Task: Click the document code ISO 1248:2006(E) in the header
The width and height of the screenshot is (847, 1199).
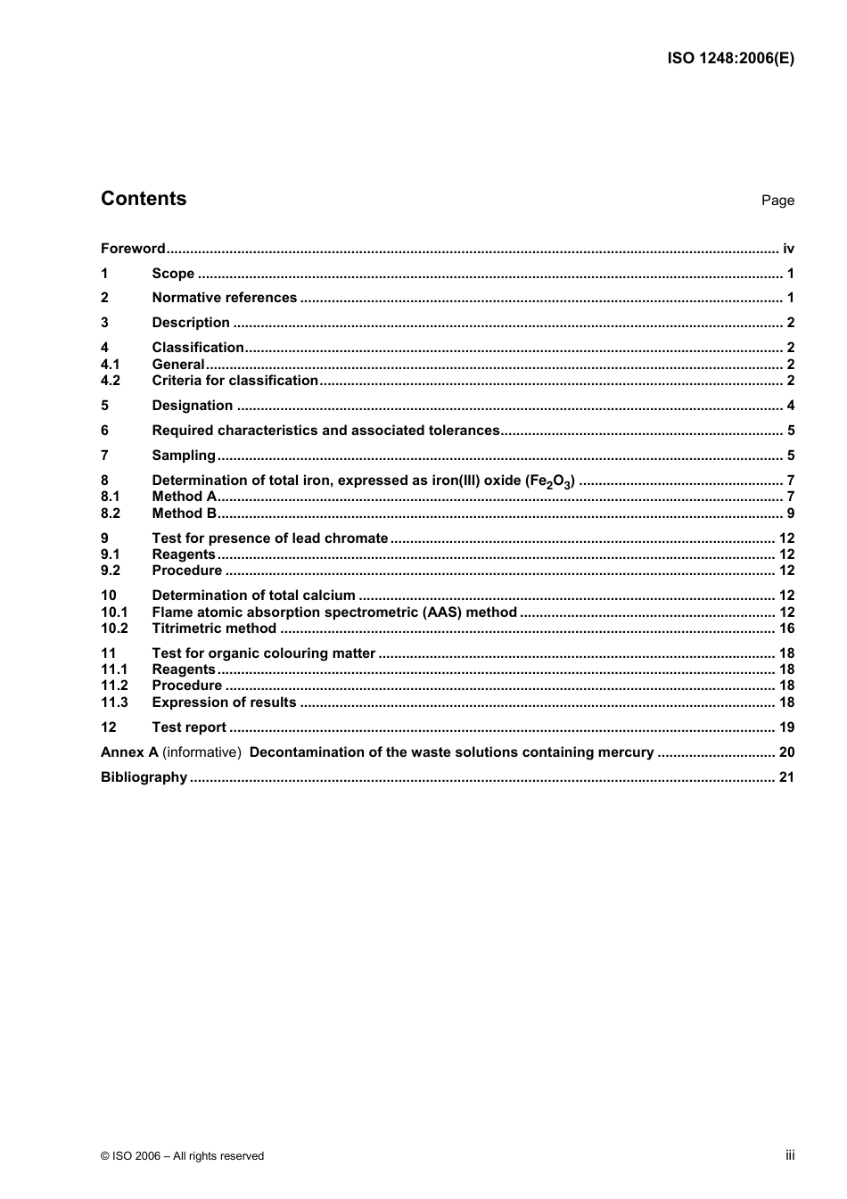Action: pyautogui.click(x=730, y=59)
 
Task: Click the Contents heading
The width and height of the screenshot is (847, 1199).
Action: pyautogui.click(x=144, y=199)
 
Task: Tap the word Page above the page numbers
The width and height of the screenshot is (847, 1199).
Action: pyautogui.click(x=777, y=201)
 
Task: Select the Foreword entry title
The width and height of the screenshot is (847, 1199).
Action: pyautogui.click(x=133, y=249)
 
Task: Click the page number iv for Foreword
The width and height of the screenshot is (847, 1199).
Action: pyautogui.click(x=788, y=249)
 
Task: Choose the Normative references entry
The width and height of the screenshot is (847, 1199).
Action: pyautogui.click(x=224, y=298)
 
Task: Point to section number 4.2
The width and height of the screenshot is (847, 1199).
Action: pyautogui.click(x=111, y=381)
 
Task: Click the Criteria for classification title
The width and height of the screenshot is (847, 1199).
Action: pyautogui.click(x=234, y=381)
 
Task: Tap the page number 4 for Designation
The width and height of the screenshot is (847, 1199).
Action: pyautogui.click(x=790, y=406)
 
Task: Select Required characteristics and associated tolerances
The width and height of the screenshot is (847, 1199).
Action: pyautogui.click(x=325, y=431)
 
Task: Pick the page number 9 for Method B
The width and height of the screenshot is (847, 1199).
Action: pyautogui.click(x=790, y=513)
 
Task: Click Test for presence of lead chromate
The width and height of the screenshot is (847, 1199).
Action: pyautogui.click(x=269, y=538)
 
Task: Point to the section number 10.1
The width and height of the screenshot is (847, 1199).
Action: pyautogui.click(x=114, y=612)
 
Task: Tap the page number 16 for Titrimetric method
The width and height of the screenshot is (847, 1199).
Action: pyautogui.click(x=786, y=628)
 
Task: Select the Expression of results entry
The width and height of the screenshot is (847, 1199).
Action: pyautogui.click(x=224, y=702)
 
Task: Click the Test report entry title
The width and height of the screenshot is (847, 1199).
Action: pyautogui.click(x=189, y=727)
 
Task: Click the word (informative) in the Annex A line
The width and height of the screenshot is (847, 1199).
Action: pyautogui.click(x=201, y=752)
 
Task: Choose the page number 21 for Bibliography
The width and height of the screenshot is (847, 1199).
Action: pyautogui.click(x=786, y=777)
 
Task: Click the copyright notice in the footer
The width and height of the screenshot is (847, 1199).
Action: pyautogui.click(x=183, y=1156)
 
